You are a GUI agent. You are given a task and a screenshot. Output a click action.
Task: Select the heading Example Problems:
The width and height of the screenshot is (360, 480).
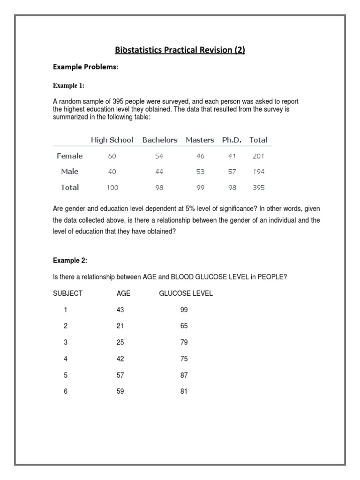coord(85,67)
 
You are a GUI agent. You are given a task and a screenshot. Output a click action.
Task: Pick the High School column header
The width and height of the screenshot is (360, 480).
coord(112,140)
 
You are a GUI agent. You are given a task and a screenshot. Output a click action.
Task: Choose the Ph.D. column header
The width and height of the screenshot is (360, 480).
coord(231,140)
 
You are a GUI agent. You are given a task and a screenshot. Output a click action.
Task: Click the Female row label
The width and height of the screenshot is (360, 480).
coord(69,156)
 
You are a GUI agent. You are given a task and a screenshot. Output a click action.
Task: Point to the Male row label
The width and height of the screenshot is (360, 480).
coord(69,172)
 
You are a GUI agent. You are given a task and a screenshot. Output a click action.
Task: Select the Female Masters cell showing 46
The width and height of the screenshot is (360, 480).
coord(200,156)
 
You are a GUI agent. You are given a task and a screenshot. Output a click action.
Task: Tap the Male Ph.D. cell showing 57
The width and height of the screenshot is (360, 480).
coord(231,172)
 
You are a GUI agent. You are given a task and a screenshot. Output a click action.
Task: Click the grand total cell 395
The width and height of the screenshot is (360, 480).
coord(258,187)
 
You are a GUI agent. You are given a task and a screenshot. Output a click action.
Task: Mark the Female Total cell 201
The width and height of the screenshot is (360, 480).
coord(258,156)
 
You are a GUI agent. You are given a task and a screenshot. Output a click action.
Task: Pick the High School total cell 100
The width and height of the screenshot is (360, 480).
coord(112,187)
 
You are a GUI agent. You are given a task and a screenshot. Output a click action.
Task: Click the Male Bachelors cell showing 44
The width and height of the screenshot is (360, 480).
coord(159,172)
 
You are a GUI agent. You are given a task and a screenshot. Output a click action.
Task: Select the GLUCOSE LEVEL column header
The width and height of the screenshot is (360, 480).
coord(186,293)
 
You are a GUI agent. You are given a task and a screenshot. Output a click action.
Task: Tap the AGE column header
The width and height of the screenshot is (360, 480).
coord(123,293)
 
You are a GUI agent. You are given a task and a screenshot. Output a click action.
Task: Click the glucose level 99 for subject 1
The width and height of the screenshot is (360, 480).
coord(184,310)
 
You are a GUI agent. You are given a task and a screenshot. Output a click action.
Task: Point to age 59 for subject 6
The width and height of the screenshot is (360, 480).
coord(120,391)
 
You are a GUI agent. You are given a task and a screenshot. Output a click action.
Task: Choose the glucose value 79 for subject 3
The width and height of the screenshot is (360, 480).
coord(184,343)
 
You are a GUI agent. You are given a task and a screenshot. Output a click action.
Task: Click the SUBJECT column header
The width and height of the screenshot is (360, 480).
coord(67,293)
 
